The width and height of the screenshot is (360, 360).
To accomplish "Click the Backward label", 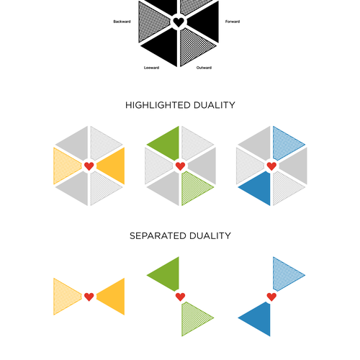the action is click(122, 22).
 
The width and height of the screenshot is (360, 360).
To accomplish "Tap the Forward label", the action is click(233, 22).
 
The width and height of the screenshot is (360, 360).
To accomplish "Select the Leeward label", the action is click(151, 68).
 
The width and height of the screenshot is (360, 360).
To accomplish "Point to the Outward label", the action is click(204, 68).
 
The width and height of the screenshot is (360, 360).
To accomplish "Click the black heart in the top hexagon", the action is click(179, 22).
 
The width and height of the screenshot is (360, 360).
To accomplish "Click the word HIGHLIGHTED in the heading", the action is click(158, 105).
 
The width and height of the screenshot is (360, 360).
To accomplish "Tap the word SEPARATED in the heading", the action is click(158, 235).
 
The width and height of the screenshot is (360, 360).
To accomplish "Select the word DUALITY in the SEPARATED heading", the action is click(210, 235).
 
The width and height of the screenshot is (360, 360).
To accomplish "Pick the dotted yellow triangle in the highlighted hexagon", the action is click(65, 166).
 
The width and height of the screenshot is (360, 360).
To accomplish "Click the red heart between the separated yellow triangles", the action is click(89, 297).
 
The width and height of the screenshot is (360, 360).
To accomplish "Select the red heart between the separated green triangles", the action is click(180, 297).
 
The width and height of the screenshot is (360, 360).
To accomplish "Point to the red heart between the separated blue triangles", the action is click(271, 297).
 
